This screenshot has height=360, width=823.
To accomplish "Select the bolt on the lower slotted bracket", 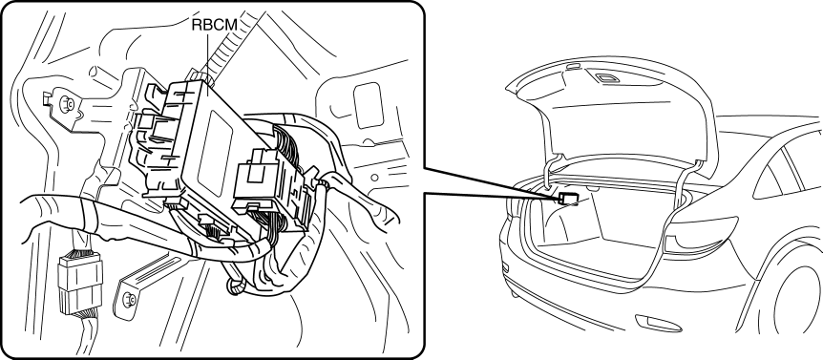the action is pyautogui.click(x=128, y=300).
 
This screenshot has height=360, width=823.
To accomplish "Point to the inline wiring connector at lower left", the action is pyautogui.click(x=80, y=283).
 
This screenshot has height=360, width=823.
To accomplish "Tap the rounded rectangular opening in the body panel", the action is pyautogui.click(x=369, y=105).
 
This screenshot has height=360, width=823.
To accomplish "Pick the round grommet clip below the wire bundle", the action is pyautogui.click(x=237, y=286).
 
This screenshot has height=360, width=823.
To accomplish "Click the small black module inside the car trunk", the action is pyautogui.click(x=567, y=199).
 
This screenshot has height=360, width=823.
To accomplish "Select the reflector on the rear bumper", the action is pyautogui.click(x=658, y=324).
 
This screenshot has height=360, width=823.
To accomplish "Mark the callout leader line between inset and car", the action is pyautogui.click(x=491, y=182).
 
